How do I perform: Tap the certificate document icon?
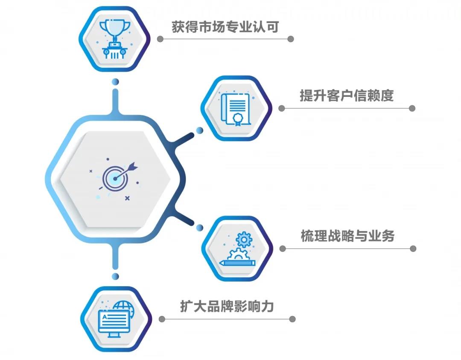[236, 108]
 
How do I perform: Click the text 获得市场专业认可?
[225, 27]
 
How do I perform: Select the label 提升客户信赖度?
[346, 96]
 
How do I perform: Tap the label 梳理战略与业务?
[347, 236]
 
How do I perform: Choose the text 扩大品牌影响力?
[227, 307]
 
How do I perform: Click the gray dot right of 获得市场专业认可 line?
[291, 39]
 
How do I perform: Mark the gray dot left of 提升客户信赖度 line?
[281, 108]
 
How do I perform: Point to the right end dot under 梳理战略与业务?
[412, 248]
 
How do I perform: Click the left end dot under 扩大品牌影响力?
[162, 319]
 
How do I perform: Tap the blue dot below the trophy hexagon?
[114, 81]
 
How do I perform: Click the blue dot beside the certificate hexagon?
[199, 130]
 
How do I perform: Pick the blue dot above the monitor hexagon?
[114, 276]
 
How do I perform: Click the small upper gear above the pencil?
[243, 239]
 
